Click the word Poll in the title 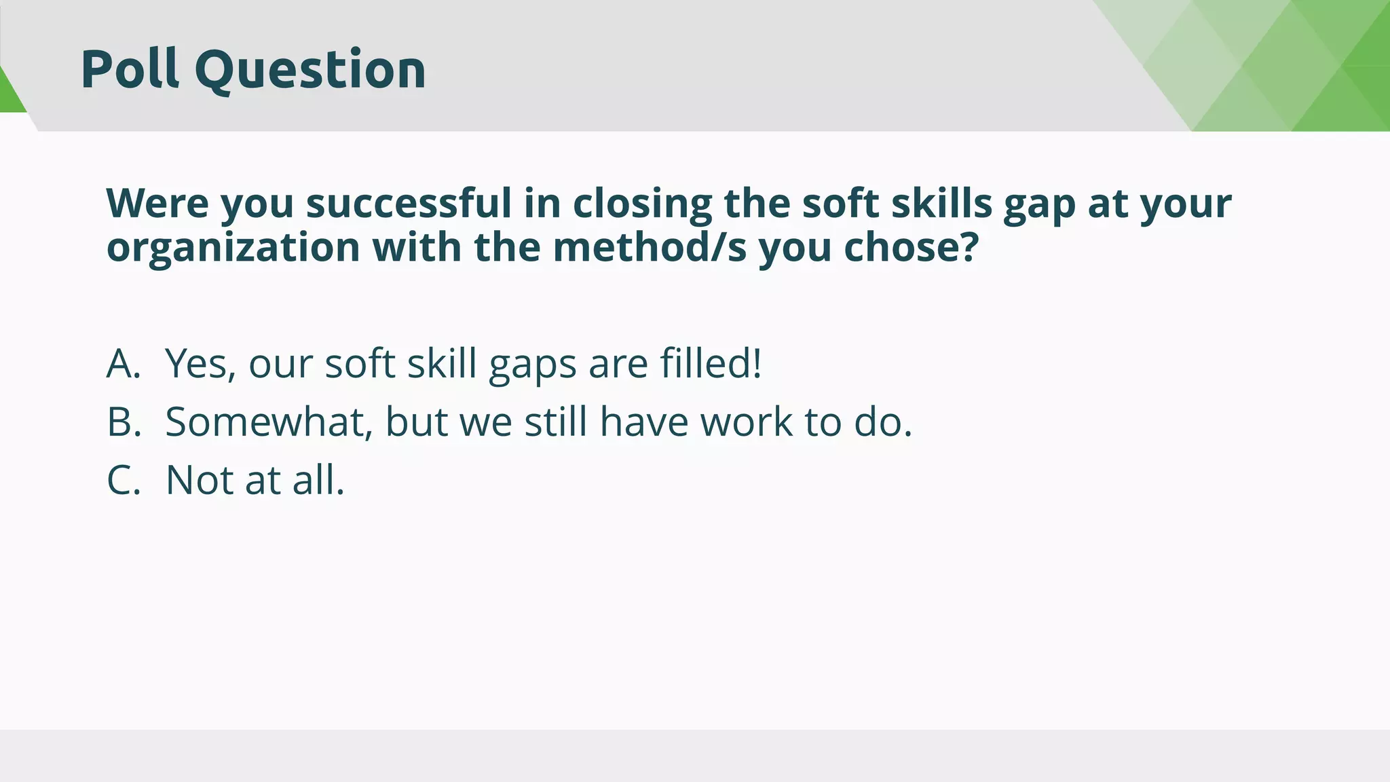(130, 69)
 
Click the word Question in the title (310, 71)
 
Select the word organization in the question (233, 248)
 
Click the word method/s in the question (650, 247)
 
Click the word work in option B (746, 422)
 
